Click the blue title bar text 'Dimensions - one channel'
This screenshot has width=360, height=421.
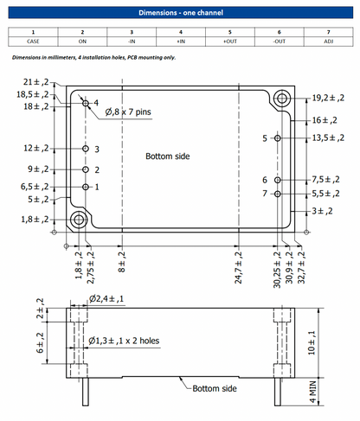pos(181,13)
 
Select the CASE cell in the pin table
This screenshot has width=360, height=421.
pos(33,41)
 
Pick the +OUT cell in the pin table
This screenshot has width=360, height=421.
pos(230,41)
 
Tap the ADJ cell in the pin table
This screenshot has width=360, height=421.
pos(329,41)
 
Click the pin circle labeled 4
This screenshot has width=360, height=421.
pos(86,103)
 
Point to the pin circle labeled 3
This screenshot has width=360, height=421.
pos(86,149)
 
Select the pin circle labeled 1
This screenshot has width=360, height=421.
pos(86,187)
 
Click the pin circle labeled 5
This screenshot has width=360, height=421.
pos(277,138)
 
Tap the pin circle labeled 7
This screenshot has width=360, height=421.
pos(277,194)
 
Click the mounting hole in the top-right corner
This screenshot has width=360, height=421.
pos(282,99)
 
